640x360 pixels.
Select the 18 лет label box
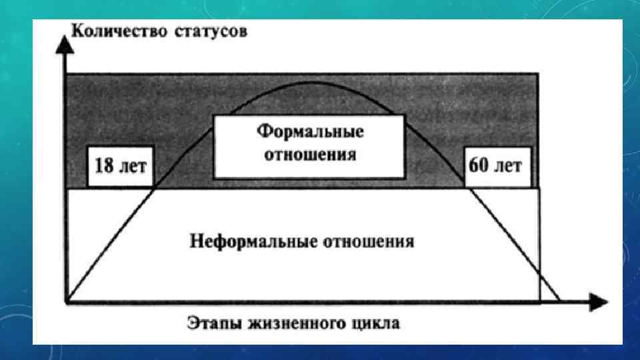(121, 166)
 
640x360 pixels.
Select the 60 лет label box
(495, 166)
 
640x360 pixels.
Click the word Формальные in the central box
(311, 131)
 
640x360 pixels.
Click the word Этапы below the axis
(206, 325)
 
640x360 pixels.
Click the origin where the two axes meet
(65, 303)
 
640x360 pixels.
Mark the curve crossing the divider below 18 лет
(155, 189)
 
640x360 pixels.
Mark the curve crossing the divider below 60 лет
(469, 189)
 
